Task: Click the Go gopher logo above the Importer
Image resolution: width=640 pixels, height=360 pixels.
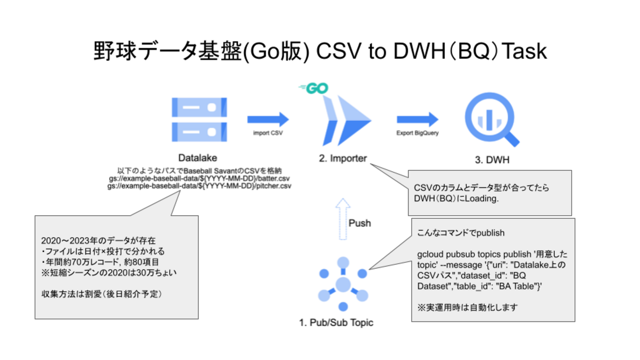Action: [x=313, y=89]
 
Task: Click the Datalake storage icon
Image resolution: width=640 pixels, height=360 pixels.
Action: [x=199, y=120]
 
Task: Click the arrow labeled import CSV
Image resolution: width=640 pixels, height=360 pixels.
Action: [x=268, y=119]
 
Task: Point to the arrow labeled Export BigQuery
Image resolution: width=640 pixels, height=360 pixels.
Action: [x=417, y=119]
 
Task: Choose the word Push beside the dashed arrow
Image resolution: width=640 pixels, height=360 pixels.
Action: [x=360, y=223]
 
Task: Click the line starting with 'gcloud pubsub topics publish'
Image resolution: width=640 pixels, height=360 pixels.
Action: [x=492, y=255]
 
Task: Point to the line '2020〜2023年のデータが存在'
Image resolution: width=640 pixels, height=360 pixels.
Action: [x=98, y=241]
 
